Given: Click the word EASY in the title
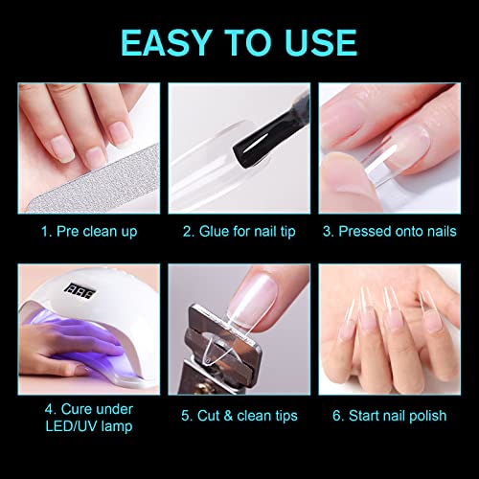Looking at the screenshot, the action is (167, 42).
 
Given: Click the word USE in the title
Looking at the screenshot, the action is (321, 42).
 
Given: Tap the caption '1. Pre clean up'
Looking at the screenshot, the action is (89, 232).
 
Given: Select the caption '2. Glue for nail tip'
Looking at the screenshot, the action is (239, 232).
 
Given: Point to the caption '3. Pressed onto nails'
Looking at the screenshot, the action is (390, 232).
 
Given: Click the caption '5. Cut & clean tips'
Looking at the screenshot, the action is (239, 416).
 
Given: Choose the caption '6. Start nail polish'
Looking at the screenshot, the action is (390, 416).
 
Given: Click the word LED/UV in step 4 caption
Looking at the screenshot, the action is (68, 426).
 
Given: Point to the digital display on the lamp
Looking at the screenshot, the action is (80, 291).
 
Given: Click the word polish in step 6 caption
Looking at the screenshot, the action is (428, 417).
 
